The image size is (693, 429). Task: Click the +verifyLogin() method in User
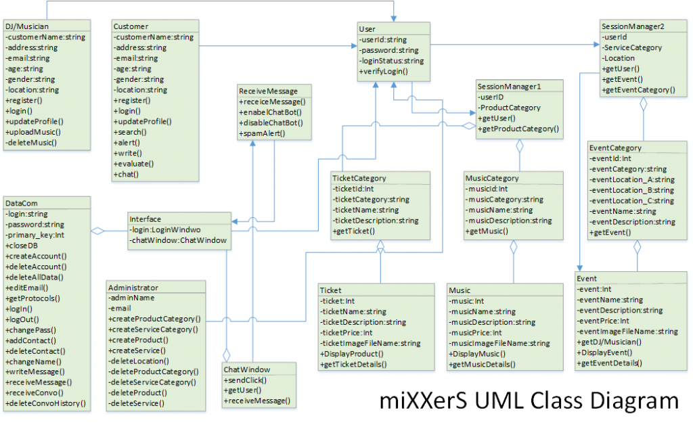[x=384, y=71]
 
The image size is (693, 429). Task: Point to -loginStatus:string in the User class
[x=391, y=61]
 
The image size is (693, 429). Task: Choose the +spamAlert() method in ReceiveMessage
[x=261, y=134]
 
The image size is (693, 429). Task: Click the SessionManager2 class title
[x=633, y=26]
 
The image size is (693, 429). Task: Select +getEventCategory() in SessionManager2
[x=638, y=90]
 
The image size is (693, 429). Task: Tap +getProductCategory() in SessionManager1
[x=518, y=129]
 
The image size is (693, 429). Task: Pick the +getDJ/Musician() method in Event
[x=609, y=342]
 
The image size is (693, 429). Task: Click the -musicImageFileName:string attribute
[x=499, y=344]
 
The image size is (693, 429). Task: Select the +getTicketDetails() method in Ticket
[x=353, y=365]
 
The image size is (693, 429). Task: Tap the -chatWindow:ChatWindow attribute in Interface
[x=179, y=240]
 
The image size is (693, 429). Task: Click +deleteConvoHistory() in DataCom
[x=45, y=403]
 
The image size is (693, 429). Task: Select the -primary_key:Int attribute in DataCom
[x=35, y=235]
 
